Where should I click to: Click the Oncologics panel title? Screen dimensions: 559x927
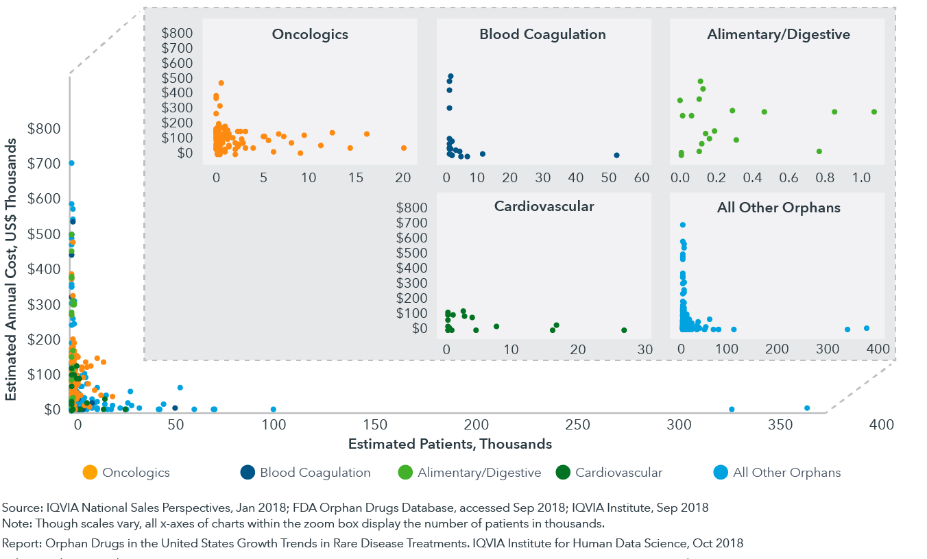[310, 34]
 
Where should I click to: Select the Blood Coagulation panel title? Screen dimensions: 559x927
[542, 34]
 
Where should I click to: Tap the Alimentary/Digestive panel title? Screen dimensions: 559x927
[778, 34]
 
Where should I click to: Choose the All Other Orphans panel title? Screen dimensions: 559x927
[778, 208]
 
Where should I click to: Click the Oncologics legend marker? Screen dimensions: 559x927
[89, 472]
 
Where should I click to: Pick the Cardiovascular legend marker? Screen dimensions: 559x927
[563, 472]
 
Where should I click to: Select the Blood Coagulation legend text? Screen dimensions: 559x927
[315, 473]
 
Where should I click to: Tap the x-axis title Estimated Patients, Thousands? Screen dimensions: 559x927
[450, 444]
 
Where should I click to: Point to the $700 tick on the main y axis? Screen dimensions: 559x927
[44, 163]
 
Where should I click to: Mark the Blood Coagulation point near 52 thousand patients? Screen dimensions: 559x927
[616, 156]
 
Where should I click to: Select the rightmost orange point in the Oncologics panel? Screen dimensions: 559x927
[404, 148]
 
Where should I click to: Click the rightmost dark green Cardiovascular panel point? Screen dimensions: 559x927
[624, 330]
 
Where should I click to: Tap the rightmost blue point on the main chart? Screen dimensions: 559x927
[807, 408]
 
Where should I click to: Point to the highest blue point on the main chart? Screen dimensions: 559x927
[71, 163]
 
